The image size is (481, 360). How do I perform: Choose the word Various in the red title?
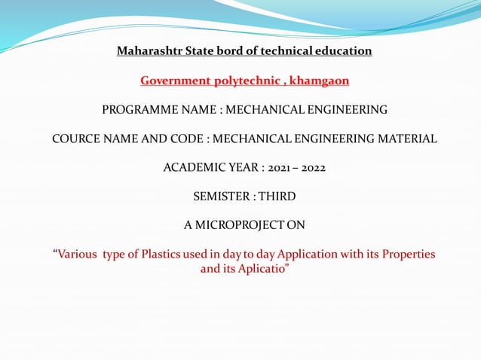point(76,255)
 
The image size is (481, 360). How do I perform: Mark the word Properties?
point(409,255)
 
